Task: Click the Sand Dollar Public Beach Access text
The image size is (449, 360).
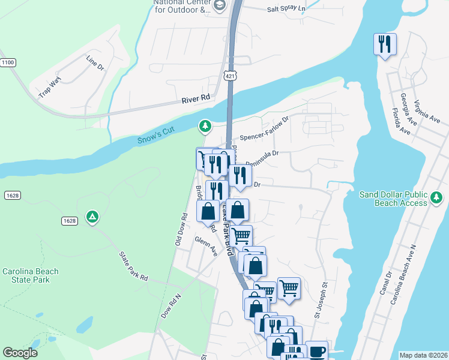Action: click(x=393, y=199)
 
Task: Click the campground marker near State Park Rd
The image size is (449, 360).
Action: click(x=92, y=216)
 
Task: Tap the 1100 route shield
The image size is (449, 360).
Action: click(x=7, y=62)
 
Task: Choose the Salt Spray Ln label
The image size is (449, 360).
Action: click(x=286, y=9)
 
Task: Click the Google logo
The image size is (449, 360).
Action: click(x=20, y=353)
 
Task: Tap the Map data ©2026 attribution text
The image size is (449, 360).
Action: click(x=423, y=355)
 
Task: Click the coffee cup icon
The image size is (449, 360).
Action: click(x=316, y=350)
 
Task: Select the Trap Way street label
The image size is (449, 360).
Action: click(x=50, y=89)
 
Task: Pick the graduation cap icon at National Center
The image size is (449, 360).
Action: click(x=220, y=5)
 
